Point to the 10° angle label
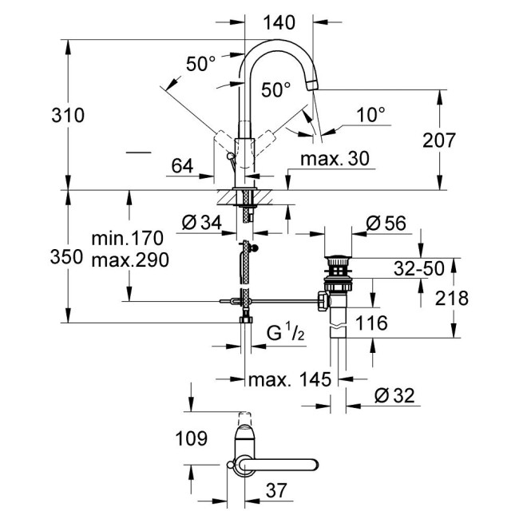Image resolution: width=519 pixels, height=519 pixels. pyautogui.click(x=370, y=115)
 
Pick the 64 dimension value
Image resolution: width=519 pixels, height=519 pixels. pyautogui.click(x=182, y=166)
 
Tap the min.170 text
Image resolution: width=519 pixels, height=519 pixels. pyautogui.click(x=127, y=238)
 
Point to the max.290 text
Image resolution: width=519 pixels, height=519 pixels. pyautogui.click(x=127, y=259)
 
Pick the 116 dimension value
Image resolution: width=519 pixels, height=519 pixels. pyautogui.click(x=371, y=323)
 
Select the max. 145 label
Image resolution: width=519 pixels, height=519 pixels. pyautogui.click(x=289, y=380)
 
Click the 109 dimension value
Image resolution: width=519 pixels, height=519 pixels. pyautogui.click(x=191, y=438)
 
